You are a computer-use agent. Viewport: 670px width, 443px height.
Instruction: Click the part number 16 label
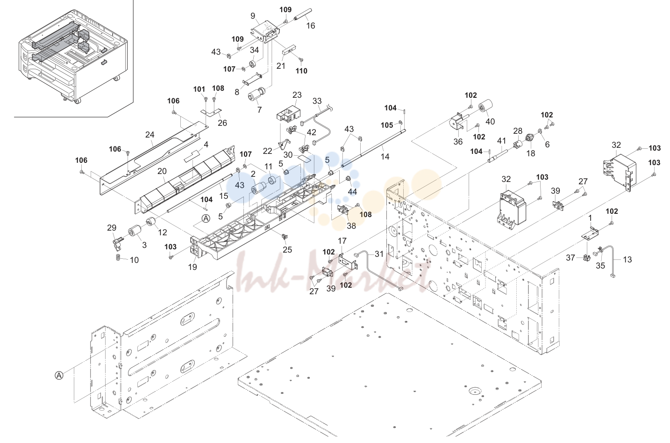(311, 26)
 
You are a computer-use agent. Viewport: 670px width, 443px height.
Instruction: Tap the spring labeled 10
(119, 257)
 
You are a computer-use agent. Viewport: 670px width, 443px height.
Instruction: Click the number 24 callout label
(150, 135)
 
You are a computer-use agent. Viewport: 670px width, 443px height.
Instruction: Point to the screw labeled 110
(300, 60)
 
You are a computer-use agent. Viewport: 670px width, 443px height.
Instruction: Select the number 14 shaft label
(385, 157)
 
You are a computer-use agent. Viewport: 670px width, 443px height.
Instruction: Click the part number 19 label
(192, 267)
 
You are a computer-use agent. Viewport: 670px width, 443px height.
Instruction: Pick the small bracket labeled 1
(589, 234)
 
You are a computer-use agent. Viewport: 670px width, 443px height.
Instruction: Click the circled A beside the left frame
(59, 375)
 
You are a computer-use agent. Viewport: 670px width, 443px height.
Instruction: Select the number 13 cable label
(627, 259)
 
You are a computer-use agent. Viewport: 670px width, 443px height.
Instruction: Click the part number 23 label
(297, 95)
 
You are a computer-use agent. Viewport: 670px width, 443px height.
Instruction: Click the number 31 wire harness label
(379, 254)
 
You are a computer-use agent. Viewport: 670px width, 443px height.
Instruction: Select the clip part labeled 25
(285, 237)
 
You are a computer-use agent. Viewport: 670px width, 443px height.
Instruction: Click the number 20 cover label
(162, 171)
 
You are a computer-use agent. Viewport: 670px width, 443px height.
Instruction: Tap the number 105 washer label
(386, 125)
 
